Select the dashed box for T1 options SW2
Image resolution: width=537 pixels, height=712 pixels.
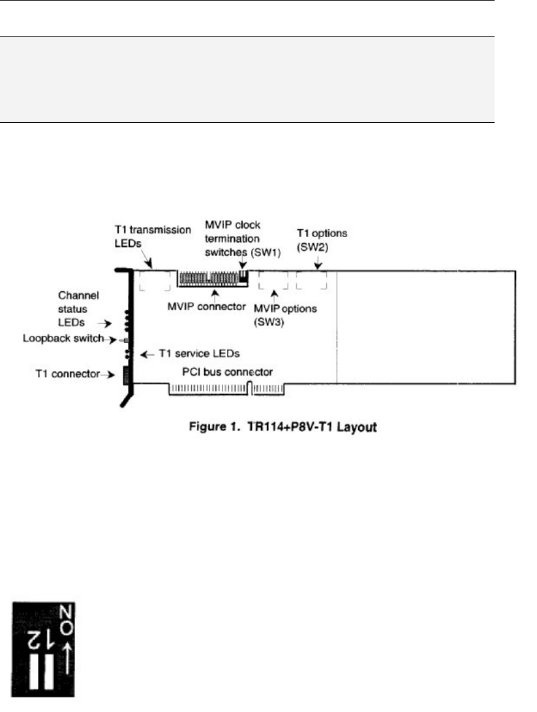311,282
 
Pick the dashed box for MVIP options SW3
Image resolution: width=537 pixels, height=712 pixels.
273,282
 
